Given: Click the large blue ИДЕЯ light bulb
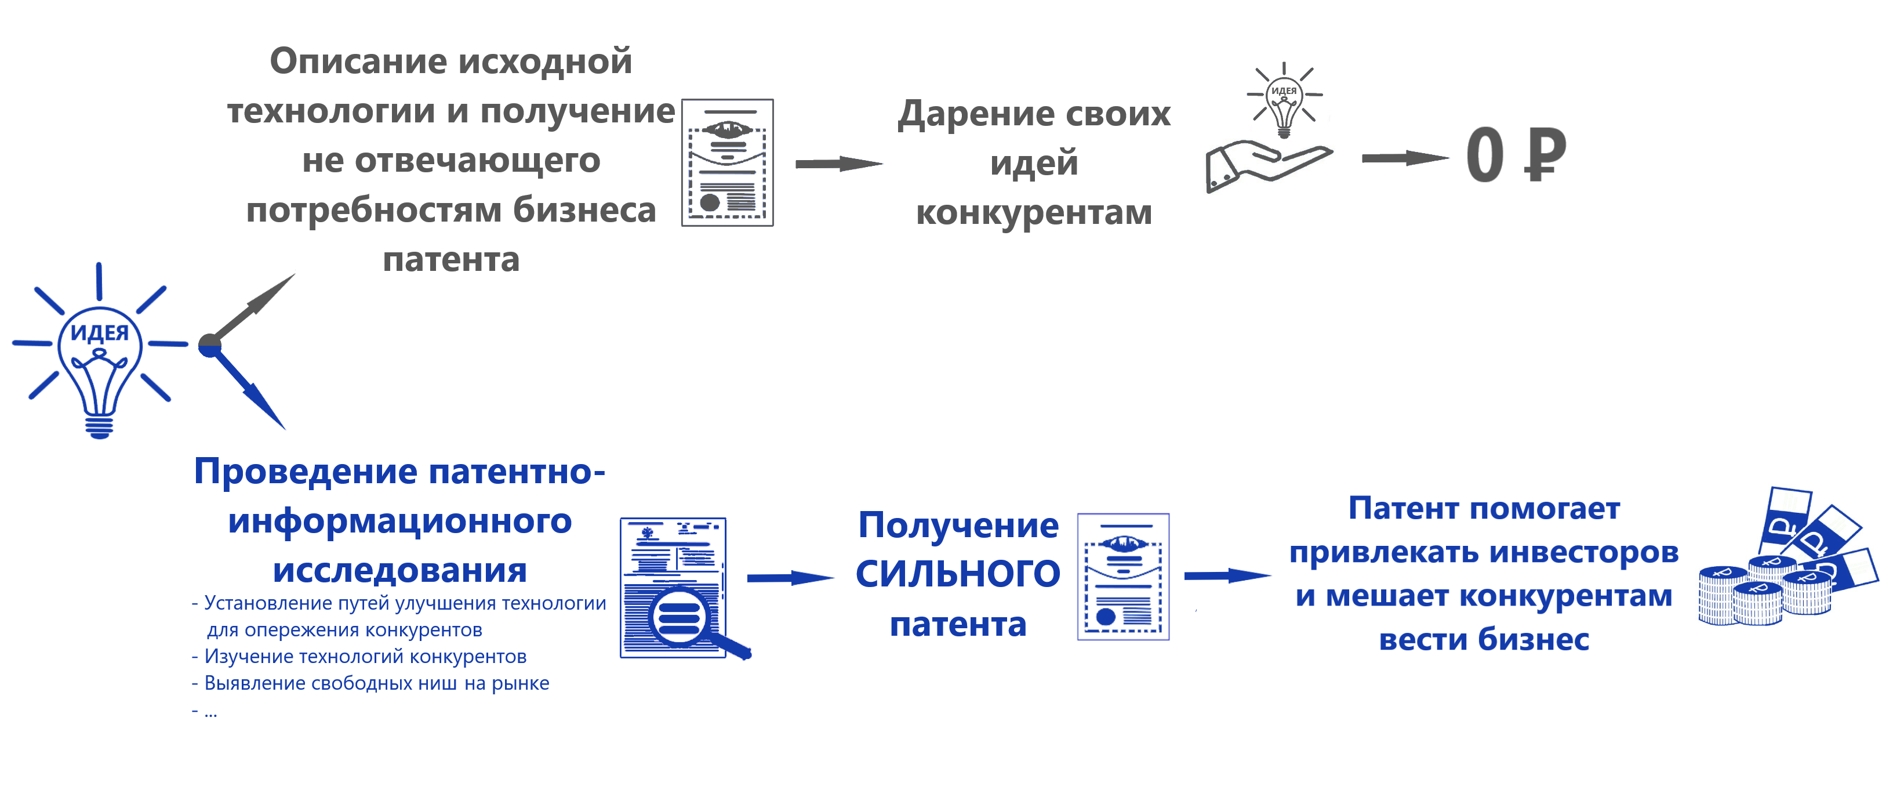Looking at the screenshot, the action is tap(99, 353).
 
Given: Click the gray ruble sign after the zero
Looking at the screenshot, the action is tap(1545, 154).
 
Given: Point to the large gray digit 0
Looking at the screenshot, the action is tap(1484, 154).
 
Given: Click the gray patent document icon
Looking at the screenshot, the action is tap(728, 162).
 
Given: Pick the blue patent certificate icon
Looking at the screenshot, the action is tap(1123, 577).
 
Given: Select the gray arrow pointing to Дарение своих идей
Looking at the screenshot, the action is tap(838, 163).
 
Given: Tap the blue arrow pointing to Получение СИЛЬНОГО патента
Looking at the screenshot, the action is tap(791, 578).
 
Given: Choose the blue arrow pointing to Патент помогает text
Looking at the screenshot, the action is tap(1227, 575).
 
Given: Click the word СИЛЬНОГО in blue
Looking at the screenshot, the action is tap(958, 574).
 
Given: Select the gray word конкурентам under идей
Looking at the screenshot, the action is tap(1033, 213).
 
